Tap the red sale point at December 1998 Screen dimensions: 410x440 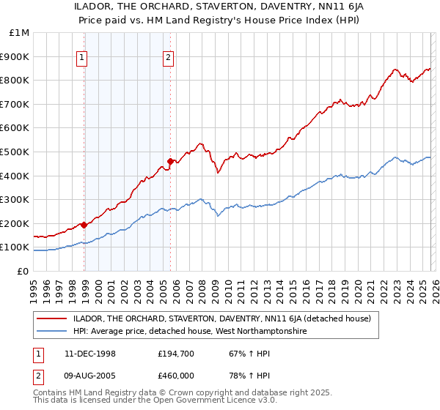[x=84, y=225]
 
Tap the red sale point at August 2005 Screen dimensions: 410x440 [x=170, y=161]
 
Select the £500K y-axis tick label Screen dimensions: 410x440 [x=17, y=152]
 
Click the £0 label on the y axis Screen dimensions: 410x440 [x=23, y=271]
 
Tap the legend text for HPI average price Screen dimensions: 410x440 [x=191, y=331]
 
